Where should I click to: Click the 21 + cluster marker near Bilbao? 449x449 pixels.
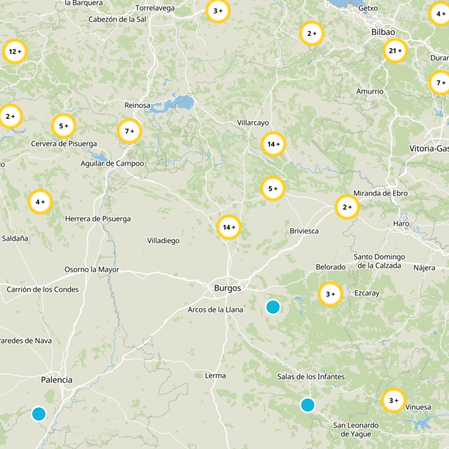pos(395,51)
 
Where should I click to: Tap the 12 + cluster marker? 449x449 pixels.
pos(15,52)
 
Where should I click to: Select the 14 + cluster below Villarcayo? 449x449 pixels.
pos(273,144)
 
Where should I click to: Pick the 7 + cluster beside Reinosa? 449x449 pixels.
pos(129,131)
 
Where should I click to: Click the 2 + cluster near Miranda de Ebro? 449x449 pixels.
pos(346,207)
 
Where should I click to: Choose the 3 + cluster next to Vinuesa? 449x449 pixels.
pos(393,400)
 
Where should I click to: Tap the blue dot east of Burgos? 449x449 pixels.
pos(273,306)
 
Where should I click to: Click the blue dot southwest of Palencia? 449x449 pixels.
pos(39,414)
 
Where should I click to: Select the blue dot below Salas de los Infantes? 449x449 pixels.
pos(308,405)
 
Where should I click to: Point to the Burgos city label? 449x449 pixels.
pos(227,288)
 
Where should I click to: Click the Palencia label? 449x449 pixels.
pos(57,380)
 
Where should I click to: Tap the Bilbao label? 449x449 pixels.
pos(383,32)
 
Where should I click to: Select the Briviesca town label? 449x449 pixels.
pos(304,231)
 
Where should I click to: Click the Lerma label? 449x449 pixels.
pos(216,375)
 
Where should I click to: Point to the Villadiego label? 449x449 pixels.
pos(163,240)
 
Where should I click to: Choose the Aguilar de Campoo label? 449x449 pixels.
pos(112,163)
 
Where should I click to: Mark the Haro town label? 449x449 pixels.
pos(401,223)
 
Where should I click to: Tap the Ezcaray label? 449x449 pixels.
pos(367,293)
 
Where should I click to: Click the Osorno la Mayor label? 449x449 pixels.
pos(92,269)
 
